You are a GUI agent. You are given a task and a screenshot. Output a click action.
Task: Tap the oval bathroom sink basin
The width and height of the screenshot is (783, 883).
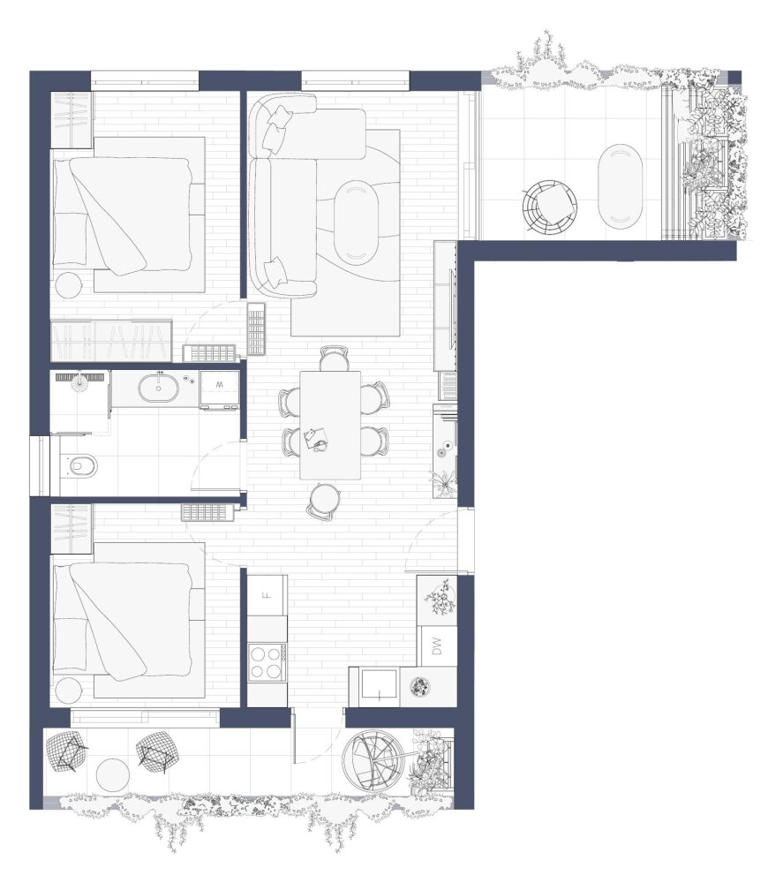click(x=159, y=388)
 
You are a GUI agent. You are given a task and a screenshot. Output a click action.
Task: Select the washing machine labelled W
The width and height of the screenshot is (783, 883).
click(x=220, y=389)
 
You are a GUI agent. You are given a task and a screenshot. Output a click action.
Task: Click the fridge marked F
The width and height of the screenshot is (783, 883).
click(x=268, y=594)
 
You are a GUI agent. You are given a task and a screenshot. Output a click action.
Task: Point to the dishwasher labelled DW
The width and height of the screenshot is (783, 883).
click(x=439, y=645)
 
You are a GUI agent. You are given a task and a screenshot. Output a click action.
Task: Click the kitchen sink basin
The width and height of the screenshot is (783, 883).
click(x=380, y=686)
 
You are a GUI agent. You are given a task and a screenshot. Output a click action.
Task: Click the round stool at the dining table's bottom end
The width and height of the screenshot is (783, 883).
click(x=324, y=501)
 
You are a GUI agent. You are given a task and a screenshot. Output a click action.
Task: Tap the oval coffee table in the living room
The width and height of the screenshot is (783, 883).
click(x=356, y=222)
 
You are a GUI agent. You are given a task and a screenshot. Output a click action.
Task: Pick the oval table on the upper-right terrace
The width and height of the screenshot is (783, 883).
click(x=619, y=185)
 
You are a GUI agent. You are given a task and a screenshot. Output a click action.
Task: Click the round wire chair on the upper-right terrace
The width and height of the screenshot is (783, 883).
click(x=549, y=206)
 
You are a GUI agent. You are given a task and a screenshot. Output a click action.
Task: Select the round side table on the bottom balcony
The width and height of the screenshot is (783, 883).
click(x=113, y=775)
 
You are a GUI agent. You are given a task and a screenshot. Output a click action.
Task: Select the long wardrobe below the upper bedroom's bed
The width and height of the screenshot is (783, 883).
click(x=111, y=341)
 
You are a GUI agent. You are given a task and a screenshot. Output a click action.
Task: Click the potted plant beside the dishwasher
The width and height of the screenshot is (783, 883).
click(x=441, y=600)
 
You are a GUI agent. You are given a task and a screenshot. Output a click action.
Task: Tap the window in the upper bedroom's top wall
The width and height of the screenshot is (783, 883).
click(x=145, y=79)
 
